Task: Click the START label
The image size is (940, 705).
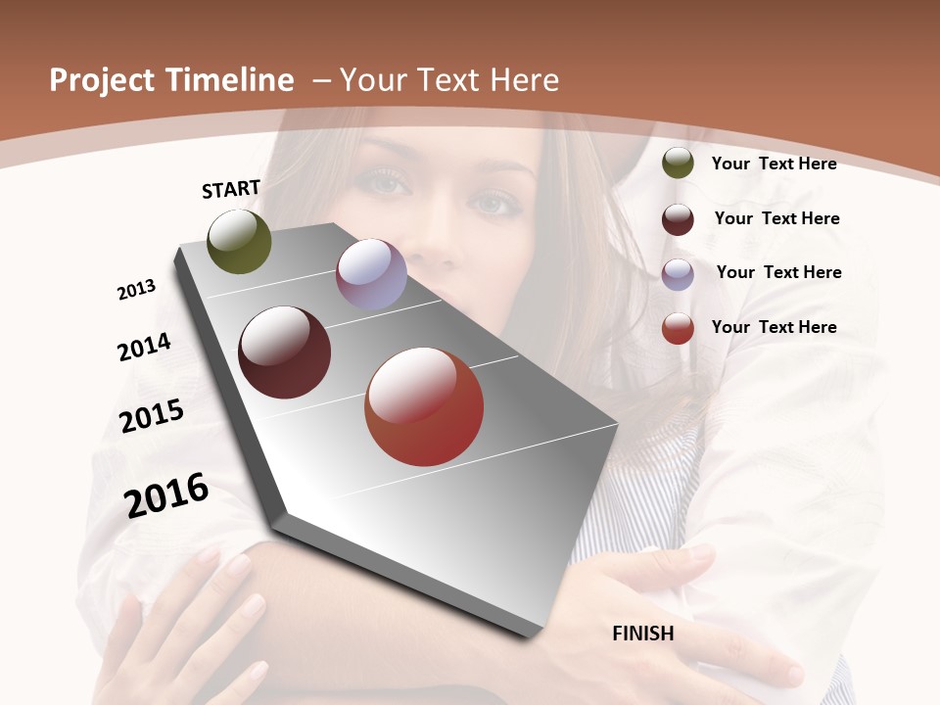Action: point(231,189)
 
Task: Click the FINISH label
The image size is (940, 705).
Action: point(643,634)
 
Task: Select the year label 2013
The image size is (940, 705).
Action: point(137,289)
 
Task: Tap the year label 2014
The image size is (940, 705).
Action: point(145,348)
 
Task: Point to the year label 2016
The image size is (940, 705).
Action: point(166,494)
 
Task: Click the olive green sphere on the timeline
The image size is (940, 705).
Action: point(239,241)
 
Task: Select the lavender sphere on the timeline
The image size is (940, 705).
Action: point(371,274)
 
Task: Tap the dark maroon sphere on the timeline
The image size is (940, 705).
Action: point(285,352)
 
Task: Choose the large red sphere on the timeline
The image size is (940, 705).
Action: point(424,407)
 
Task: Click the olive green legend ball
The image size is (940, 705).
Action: point(678,164)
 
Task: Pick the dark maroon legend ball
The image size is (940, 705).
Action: point(678,219)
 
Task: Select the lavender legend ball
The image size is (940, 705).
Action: point(678,274)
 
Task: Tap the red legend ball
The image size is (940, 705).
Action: point(678,328)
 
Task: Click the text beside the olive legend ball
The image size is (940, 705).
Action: point(774,164)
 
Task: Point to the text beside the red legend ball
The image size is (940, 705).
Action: point(774,327)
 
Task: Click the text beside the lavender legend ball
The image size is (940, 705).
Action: point(778,272)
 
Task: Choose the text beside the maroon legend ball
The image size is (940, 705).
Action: point(776,218)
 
